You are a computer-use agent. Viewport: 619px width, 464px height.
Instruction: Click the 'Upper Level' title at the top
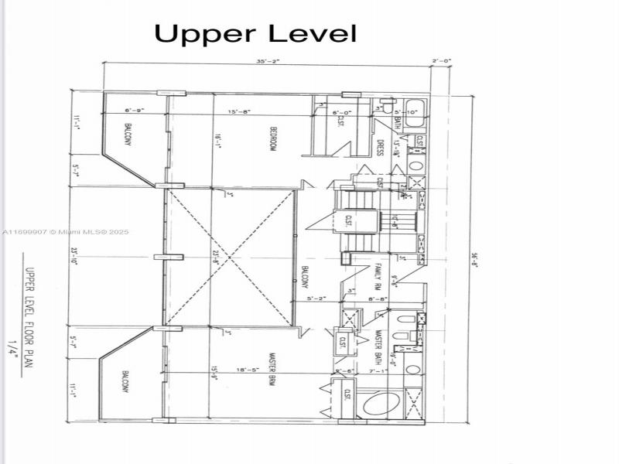pyautogui.click(x=255, y=33)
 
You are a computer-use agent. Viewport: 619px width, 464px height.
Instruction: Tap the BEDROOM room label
pyautogui.click(x=273, y=138)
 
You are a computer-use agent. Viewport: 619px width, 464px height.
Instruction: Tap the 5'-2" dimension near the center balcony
pyautogui.click(x=317, y=298)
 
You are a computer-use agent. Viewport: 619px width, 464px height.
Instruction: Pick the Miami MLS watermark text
pyautogui.click(x=66, y=232)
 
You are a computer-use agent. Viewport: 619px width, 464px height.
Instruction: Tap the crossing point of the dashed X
pyautogui.click(x=231, y=258)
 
